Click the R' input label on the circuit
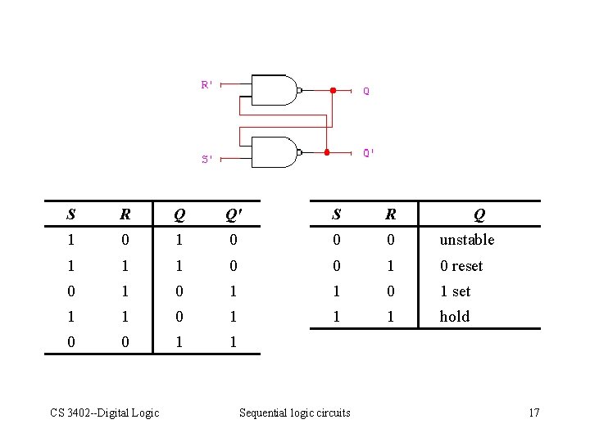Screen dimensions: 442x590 (207, 84)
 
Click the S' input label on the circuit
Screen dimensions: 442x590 (208, 160)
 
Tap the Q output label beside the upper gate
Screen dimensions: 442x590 (366, 92)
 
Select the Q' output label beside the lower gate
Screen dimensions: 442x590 (370, 153)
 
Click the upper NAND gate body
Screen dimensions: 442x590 (274, 90)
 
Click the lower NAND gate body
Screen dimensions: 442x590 (274, 152)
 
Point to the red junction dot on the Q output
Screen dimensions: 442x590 (333, 90)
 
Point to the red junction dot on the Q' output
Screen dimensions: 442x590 (326, 152)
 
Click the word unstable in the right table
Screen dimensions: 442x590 (467, 240)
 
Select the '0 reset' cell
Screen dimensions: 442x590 (461, 266)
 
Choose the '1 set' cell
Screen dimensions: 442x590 (456, 291)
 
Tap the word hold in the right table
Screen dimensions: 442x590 (455, 317)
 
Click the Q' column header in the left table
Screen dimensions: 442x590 (233, 215)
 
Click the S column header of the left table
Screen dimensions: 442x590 (71, 215)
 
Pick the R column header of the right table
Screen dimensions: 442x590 (391, 215)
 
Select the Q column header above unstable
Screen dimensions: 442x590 (479, 215)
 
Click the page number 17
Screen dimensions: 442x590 (533, 413)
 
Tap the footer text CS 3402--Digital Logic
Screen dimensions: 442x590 (104, 413)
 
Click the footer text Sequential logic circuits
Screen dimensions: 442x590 (294, 413)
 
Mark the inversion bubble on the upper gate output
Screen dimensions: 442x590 (301, 90)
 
